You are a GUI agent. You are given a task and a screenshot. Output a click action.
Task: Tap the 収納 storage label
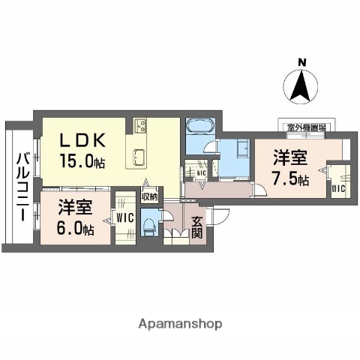click(x=150, y=197)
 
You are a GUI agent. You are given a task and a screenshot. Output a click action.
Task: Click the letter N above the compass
click(x=302, y=62)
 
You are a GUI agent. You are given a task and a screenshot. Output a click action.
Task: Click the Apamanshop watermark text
click(x=180, y=324)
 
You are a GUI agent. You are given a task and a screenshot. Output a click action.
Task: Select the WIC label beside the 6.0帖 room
click(x=124, y=218)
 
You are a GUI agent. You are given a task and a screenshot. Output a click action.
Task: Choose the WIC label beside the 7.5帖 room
click(x=338, y=188)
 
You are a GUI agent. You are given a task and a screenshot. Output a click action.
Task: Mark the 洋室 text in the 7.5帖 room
click(x=290, y=158)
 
